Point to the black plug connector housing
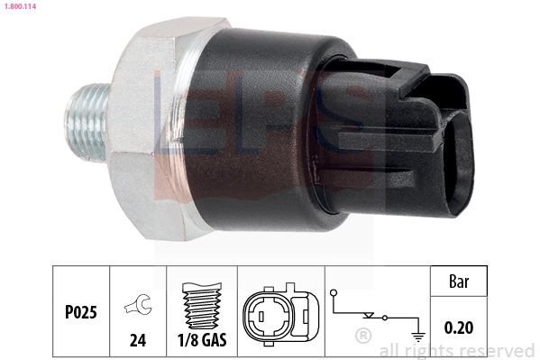coord(424,140)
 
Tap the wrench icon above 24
coord(138,303)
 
